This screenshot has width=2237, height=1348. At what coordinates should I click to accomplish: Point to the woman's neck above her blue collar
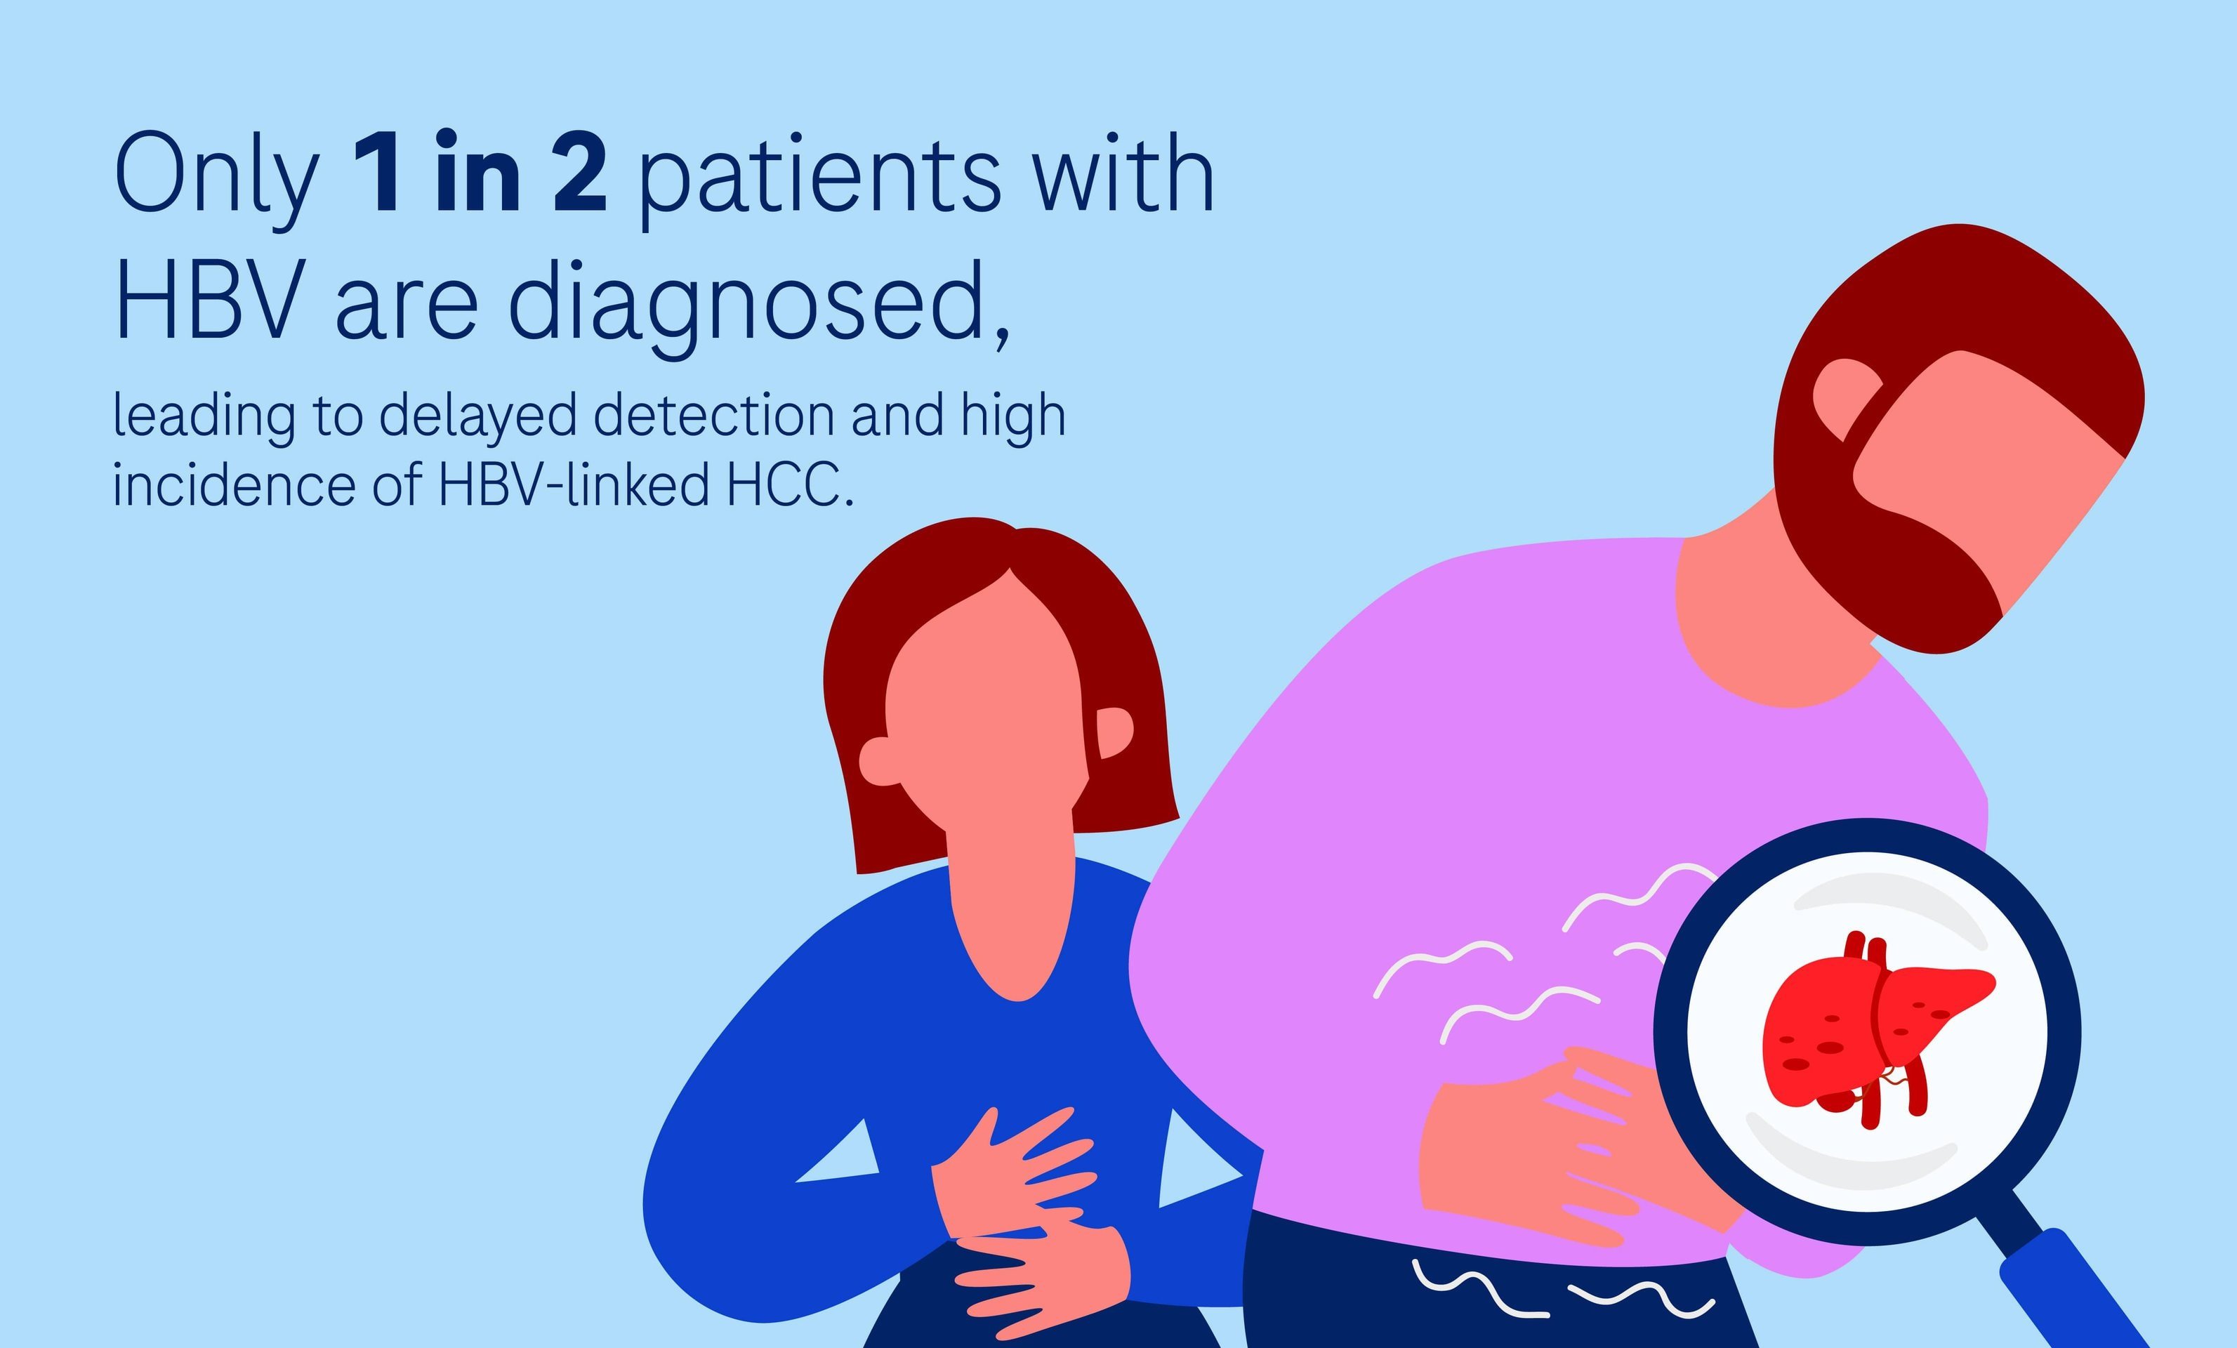point(1012,908)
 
